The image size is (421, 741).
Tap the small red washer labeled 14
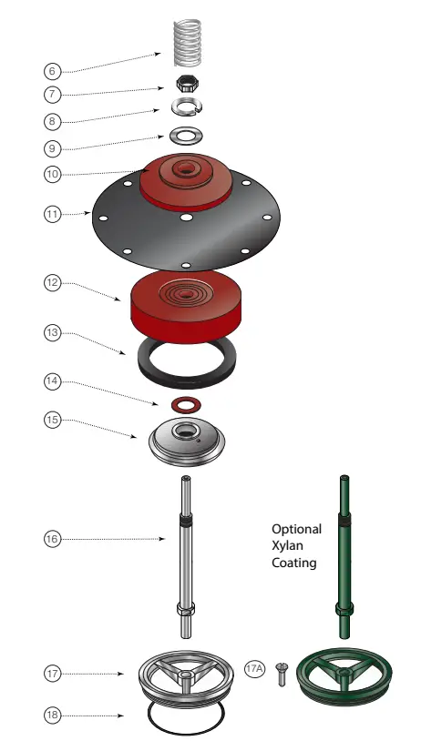tap(186, 402)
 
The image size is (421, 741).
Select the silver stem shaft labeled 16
tap(186, 564)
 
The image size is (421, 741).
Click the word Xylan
tap(296, 546)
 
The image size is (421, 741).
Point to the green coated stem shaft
tap(344, 555)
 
